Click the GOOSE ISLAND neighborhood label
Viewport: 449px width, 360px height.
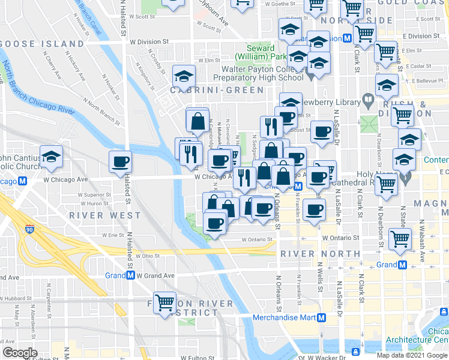pyautogui.click(x=43, y=44)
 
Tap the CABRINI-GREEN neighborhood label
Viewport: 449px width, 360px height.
pyautogui.click(x=217, y=90)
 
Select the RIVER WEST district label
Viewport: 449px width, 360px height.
pyautogui.click(x=104, y=215)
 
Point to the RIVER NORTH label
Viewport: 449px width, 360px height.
pyautogui.click(x=320, y=254)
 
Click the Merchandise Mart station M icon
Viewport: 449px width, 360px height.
pyautogui.click(x=322, y=317)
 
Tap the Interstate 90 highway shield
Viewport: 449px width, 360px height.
pyautogui.click(x=29, y=229)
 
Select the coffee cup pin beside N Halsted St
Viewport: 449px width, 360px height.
pyautogui.click(x=120, y=161)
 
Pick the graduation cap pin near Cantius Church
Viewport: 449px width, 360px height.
pyautogui.click(x=52, y=157)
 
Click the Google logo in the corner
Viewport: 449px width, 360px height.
pyautogui.click(x=20, y=353)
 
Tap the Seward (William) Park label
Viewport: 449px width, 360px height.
pyautogui.click(x=262, y=52)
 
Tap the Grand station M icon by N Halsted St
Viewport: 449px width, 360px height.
pyautogui.click(x=130, y=275)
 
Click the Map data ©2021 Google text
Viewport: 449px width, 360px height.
pyautogui.click(x=412, y=355)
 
